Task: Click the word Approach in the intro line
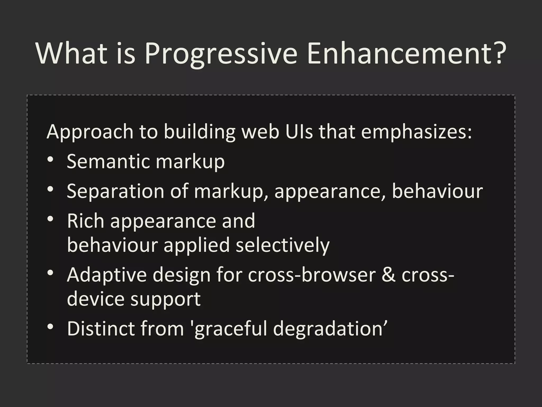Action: [90, 132]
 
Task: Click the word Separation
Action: [115, 191]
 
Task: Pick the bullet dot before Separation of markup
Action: [50, 189]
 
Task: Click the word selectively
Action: [282, 245]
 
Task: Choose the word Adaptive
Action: [107, 275]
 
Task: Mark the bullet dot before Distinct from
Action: [50, 327]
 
